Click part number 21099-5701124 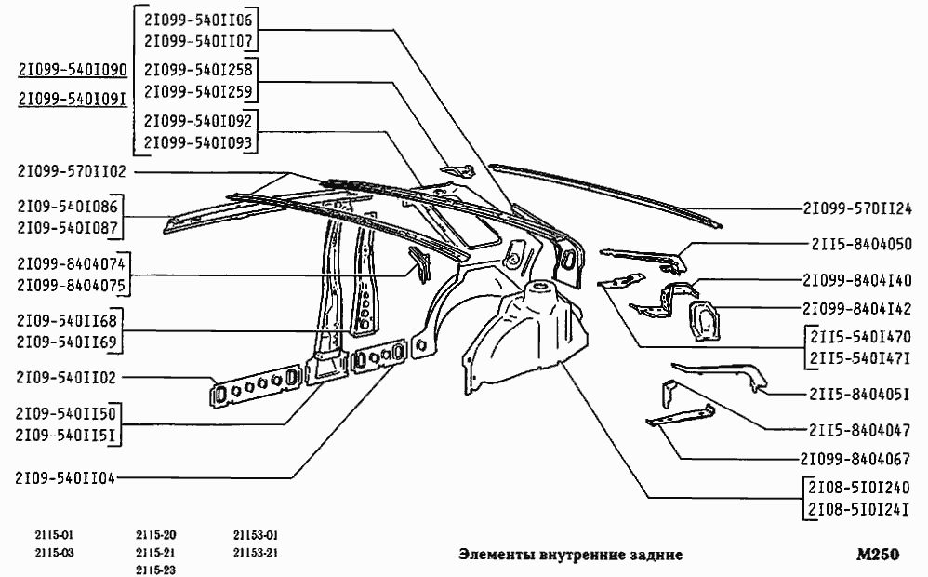(x=857, y=208)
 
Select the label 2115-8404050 (x=861, y=244)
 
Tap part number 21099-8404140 (x=857, y=279)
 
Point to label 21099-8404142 (x=857, y=309)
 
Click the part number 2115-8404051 (x=859, y=394)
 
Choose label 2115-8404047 (x=859, y=430)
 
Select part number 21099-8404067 (x=855, y=459)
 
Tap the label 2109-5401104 (x=65, y=478)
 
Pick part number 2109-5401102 (x=66, y=377)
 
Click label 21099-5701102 (x=72, y=171)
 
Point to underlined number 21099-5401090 (x=73, y=70)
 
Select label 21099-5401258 (x=198, y=70)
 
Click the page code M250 (x=877, y=555)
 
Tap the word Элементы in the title (x=497, y=555)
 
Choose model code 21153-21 (x=256, y=553)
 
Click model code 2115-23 (x=155, y=570)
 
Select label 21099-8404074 (x=71, y=263)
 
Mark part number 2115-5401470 (x=860, y=337)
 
